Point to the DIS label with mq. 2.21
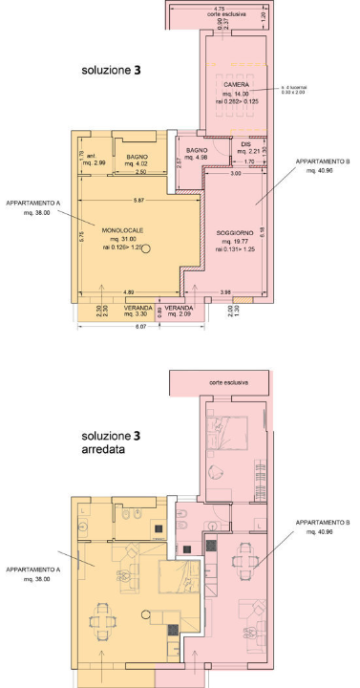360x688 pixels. [x=246, y=144]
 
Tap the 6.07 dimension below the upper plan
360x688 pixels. [x=141, y=328]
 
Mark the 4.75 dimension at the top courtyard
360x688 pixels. [x=220, y=9]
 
